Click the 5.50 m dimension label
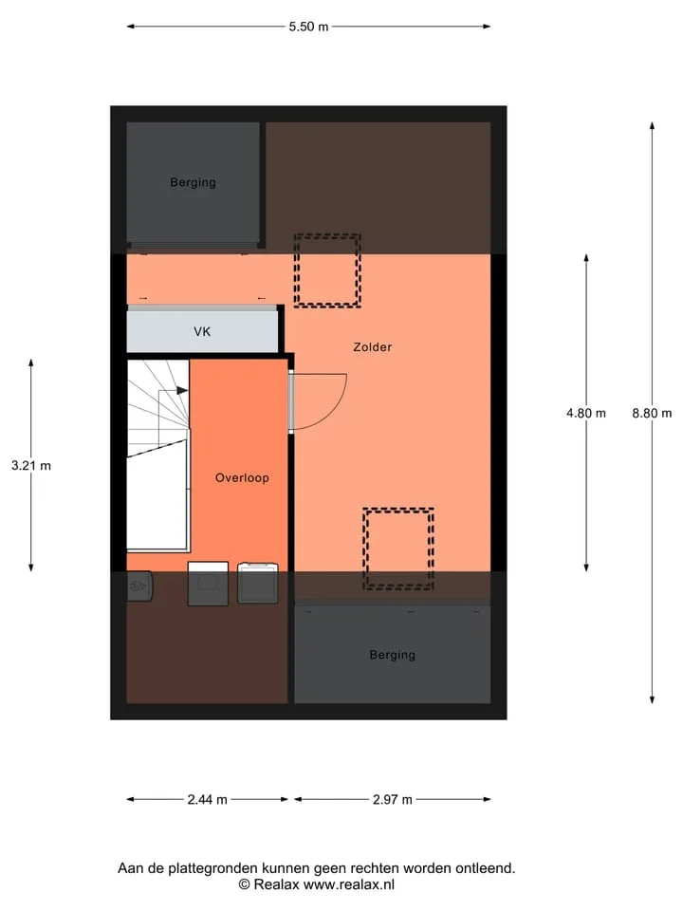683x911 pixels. pos(308,27)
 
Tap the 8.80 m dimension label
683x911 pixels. pos(652,413)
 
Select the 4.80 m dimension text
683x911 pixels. pos(586,413)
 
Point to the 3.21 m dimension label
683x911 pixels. pos(31,465)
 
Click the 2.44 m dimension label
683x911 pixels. pos(208,799)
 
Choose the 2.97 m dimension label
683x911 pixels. pos(393,799)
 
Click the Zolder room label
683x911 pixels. pos(372,347)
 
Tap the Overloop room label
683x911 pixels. pos(242,477)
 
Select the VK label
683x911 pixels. pos(202,332)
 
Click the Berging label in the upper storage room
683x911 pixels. pos(193,182)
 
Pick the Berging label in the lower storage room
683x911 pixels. pos(393,655)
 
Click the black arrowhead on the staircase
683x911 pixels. pos(182,390)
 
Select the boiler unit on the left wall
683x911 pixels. pos(139,586)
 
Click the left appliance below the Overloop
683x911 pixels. pos(208,584)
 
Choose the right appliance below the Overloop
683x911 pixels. pos(258,584)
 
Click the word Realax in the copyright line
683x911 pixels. pos(276,884)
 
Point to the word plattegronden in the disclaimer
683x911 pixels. pos(213,868)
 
